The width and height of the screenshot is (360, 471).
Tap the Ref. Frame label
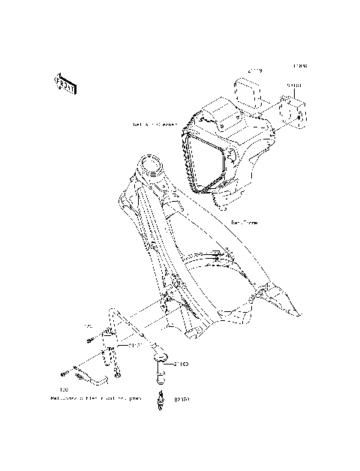coord(244,222)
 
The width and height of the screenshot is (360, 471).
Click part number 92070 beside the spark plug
coord(181,400)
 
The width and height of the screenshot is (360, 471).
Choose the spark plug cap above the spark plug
coord(159,365)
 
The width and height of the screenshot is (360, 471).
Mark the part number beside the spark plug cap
coord(181,365)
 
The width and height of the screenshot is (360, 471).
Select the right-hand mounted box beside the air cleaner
coord(294,109)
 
